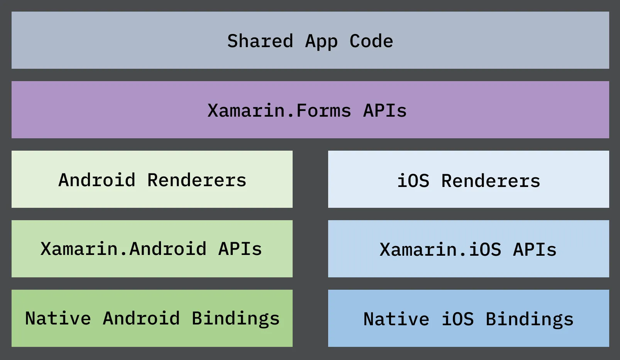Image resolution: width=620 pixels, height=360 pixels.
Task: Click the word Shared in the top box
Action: [260, 41]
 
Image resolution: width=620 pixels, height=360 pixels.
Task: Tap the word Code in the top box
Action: [371, 41]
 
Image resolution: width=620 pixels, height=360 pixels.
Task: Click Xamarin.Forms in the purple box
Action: [279, 110]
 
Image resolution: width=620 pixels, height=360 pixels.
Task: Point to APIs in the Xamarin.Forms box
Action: [385, 110]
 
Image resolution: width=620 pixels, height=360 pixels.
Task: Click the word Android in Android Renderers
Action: [97, 180]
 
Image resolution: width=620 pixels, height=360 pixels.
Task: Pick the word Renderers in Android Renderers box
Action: [197, 180]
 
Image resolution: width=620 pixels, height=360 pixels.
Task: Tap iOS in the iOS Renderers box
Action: [413, 181]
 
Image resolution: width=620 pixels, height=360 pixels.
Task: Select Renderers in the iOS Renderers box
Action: [491, 181]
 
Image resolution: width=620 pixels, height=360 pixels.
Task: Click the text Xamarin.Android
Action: [124, 249]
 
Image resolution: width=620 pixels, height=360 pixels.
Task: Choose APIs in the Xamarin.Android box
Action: [240, 249]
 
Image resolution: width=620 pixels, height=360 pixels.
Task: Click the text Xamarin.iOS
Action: [440, 250]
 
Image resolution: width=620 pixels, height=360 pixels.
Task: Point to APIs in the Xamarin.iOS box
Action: [535, 250]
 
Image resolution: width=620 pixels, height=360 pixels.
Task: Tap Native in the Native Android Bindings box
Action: [58, 318]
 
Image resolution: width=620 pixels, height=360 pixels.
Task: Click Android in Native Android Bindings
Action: [141, 318]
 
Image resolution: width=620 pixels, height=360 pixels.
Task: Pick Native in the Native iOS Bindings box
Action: [396, 319]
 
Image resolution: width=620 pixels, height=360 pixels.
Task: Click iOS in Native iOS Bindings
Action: [457, 319]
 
